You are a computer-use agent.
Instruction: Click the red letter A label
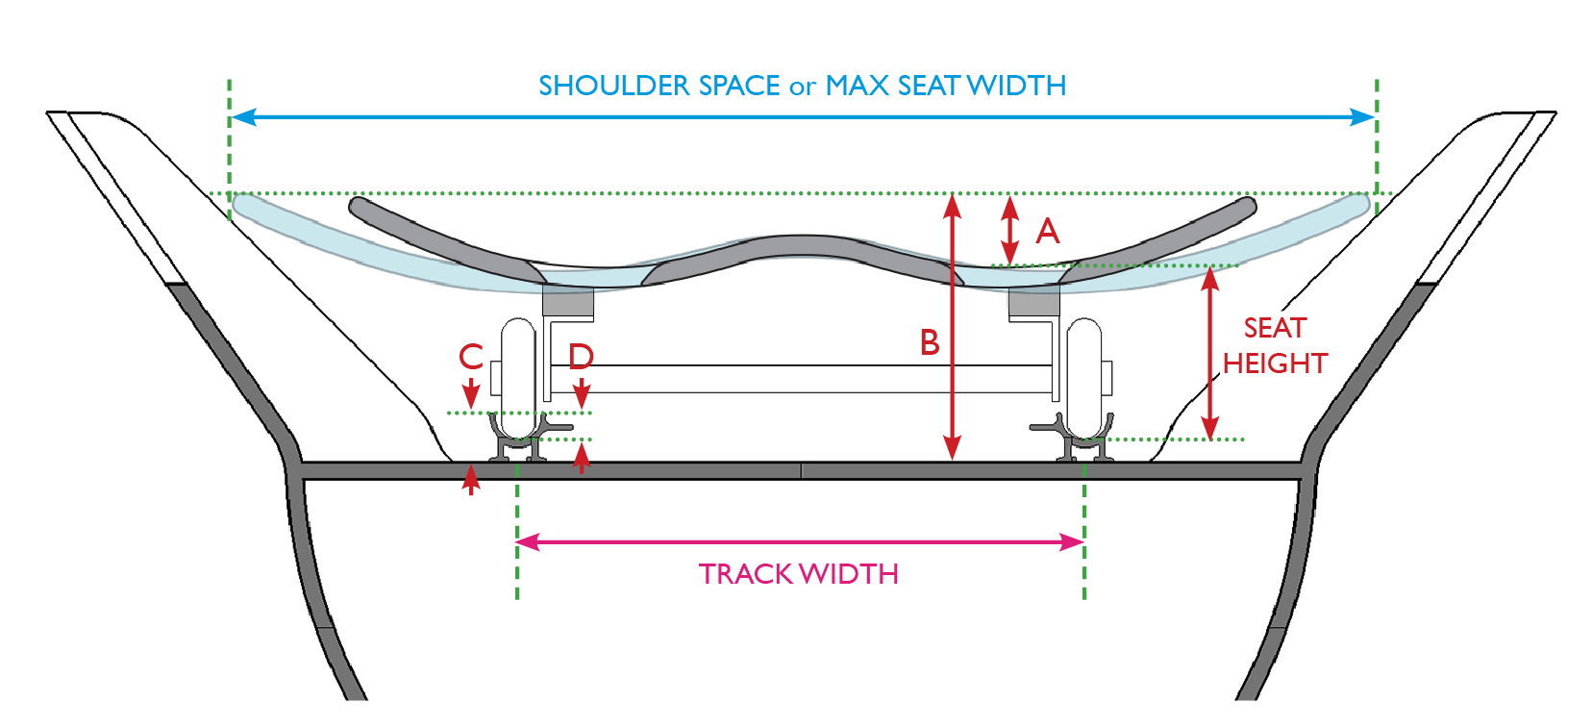click(x=1047, y=232)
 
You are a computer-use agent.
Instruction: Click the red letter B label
click(x=930, y=343)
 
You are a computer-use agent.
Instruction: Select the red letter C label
click(x=471, y=357)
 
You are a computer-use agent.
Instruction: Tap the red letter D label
click(x=582, y=357)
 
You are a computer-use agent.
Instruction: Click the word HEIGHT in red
click(x=1275, y=363)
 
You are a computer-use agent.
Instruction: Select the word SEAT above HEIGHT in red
click(x=1275, y=328)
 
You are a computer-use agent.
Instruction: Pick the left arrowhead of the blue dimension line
click(x=242, y=117)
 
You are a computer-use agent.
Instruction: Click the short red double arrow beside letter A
click(x=1009, y=230)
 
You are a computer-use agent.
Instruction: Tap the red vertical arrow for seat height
click(x=1210, y=354)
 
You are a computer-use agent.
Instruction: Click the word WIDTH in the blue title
click(x=1016, y=87)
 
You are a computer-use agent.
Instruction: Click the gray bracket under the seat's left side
click(x=567, y=302)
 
